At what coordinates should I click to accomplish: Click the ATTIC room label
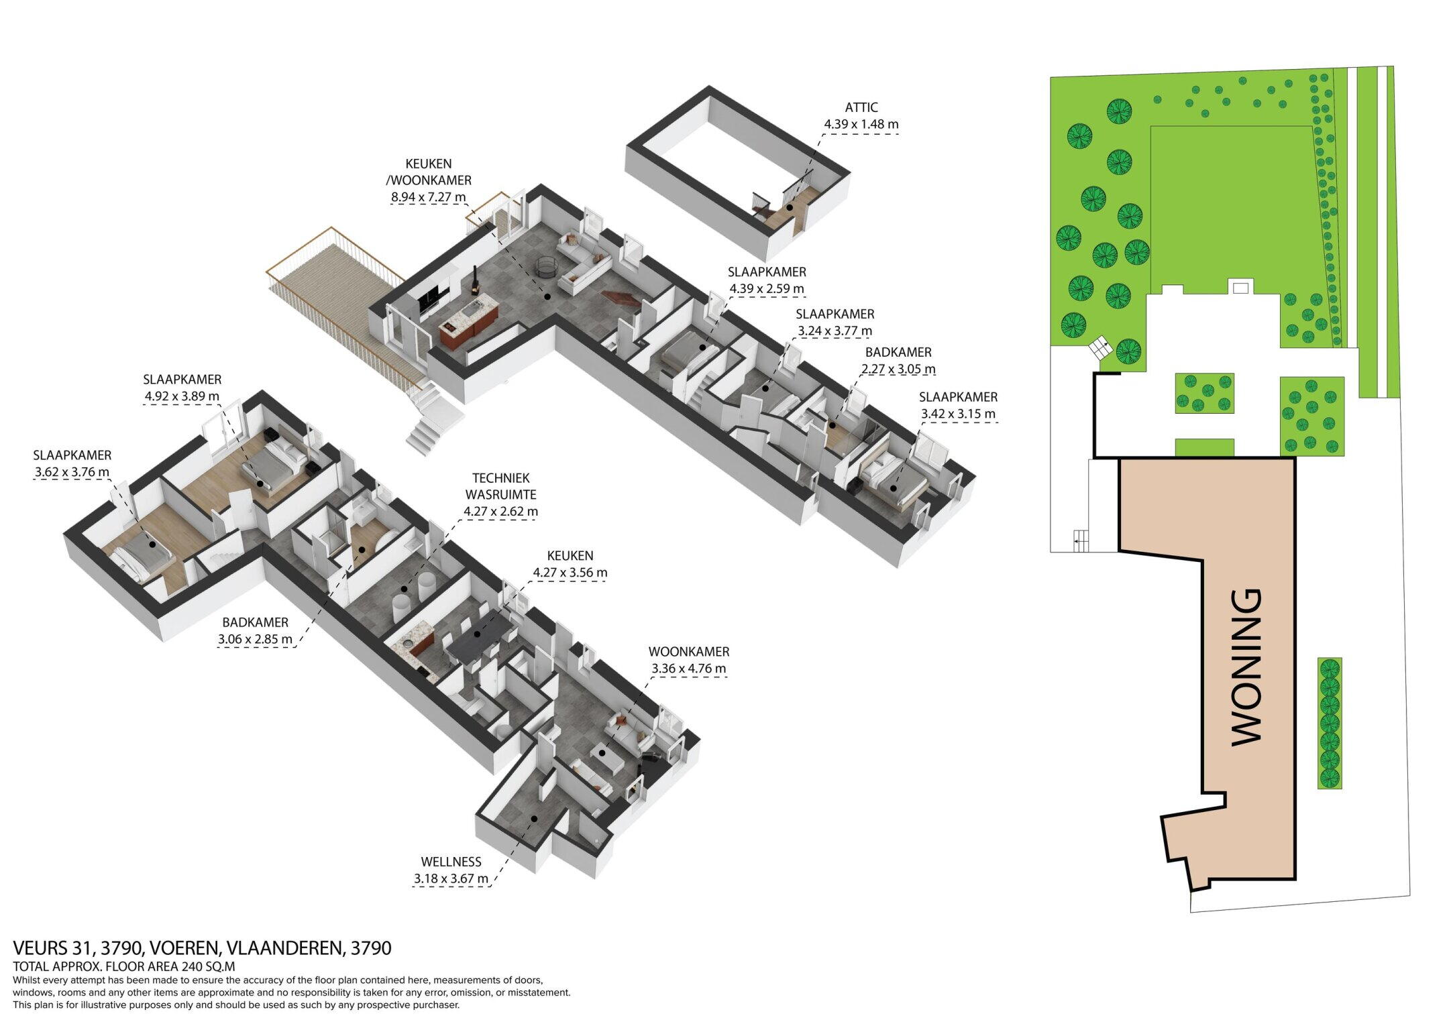pos(861,107)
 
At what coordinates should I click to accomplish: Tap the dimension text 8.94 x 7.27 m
pos(428,197)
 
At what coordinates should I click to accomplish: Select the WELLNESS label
pos(451,862)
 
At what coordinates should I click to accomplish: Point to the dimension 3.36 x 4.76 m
pos(688,669)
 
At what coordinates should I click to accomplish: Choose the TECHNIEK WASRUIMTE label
pos(500,486)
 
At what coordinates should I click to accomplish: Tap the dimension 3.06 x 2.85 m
pos(255,639)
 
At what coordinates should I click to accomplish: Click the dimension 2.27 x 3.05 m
pos(898,369)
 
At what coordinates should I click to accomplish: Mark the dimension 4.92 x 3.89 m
pos(182,396)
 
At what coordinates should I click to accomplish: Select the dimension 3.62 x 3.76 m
pos(72,472)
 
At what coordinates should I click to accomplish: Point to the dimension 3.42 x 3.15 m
pos(958,414)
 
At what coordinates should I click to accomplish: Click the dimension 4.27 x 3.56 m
pos(570,573)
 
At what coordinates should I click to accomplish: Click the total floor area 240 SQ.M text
pos(207,966)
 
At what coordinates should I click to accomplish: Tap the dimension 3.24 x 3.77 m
pos(835,331)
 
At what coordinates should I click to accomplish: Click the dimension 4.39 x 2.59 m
pos(767,289)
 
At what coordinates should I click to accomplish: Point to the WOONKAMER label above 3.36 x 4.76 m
pos(689,652)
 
